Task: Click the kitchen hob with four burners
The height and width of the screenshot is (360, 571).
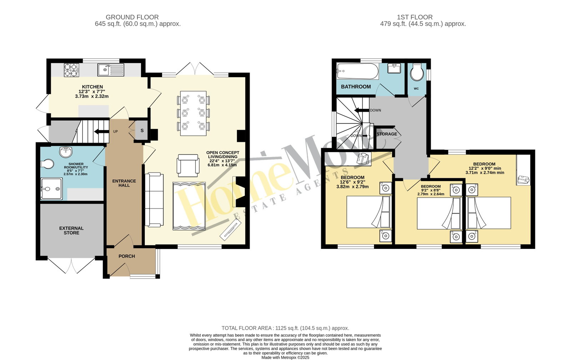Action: pos(71,70)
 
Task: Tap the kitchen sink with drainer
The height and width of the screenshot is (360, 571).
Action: pos(111,70)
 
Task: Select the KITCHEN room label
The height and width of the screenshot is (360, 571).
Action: pos(92,87)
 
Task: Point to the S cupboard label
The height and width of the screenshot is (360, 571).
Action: pos(142,130)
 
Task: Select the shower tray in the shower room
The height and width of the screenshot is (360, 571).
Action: pos(51,189)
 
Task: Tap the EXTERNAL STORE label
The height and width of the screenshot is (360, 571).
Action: pos(71,230)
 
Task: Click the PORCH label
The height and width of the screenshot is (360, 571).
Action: pos(127,256)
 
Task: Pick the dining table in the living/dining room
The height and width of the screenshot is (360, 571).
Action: pos(193,113)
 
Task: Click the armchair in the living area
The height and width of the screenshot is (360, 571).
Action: pos(188,166)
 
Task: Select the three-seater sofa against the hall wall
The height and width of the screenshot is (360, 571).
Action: pos(154,200)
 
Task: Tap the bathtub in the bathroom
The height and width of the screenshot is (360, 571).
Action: pos(357,71)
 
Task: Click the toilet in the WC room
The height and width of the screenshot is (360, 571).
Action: pos(417,72)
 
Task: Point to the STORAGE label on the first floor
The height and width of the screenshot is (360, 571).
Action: pos(387,134)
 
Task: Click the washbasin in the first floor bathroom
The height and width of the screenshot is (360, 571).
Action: pos(394,68)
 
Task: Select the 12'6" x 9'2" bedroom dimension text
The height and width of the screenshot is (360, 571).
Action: pos(353,182)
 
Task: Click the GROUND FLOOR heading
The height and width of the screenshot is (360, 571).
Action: pos(132,17)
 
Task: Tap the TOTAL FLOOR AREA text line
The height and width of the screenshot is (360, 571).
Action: pos(285,328)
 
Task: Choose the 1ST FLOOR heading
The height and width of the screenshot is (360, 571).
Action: pos(415,17)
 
